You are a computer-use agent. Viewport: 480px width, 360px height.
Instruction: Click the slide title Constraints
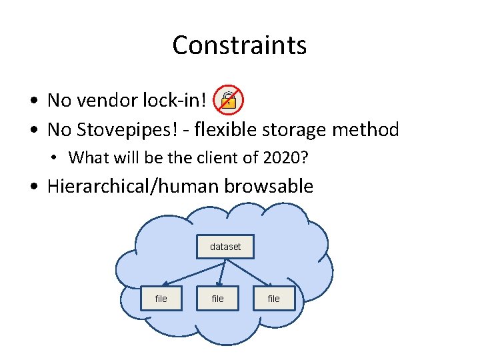coord(239,45)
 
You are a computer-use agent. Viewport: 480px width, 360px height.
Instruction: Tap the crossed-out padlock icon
coord(228,101)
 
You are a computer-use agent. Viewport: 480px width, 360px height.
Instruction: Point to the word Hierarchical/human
coord(133,186)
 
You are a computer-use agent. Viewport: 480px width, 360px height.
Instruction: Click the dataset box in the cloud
coord(225,247)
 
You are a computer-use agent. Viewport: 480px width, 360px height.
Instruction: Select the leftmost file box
coord(161,299)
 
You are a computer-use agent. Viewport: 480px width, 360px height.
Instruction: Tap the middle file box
coord(218,299)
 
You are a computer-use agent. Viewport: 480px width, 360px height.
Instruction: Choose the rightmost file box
coord(273,299)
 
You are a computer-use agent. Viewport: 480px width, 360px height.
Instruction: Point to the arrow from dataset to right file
coord(248,273)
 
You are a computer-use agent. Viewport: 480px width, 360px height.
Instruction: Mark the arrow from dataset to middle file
coord(222,273)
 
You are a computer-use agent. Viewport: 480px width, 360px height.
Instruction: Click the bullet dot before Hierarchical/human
coord(33,187)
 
